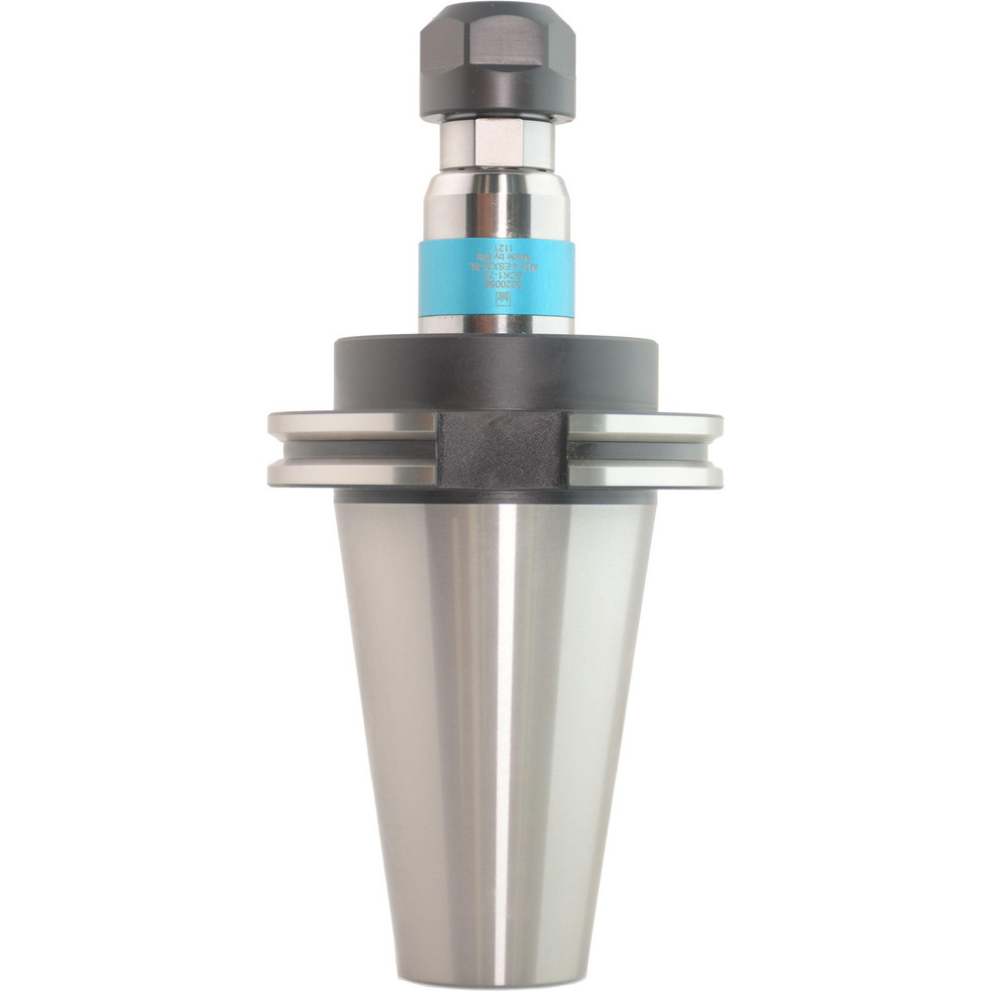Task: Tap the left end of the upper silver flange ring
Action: click(282, 426)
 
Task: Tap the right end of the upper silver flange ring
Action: click(709, 426)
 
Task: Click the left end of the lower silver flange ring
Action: click(282, 473)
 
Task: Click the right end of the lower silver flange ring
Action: click(709, 473)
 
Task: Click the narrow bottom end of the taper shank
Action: click(496, 966)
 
